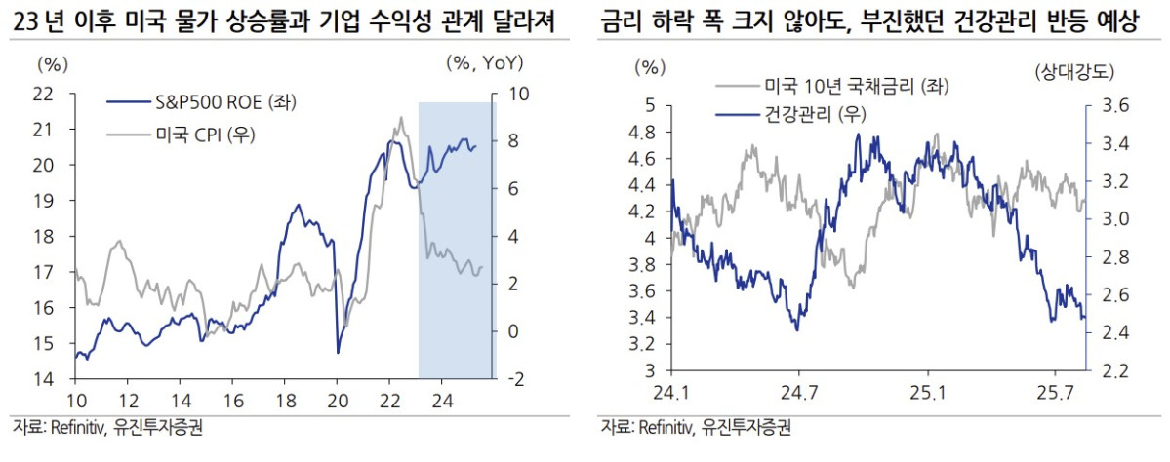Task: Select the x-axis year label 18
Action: tap(284, 399)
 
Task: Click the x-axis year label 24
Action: tap(442, 399)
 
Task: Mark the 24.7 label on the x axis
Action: tap(798, 393)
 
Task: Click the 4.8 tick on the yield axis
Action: tap(647, 132)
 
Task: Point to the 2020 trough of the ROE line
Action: tap(338, 352)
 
